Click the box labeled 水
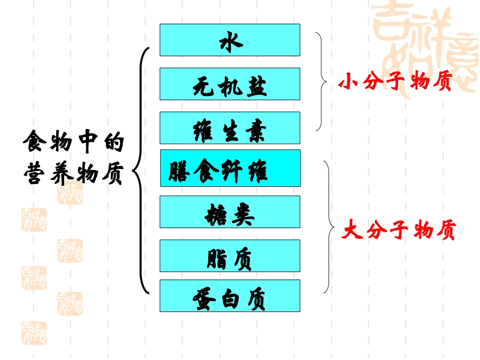coord(230,40)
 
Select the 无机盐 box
coord(230,84)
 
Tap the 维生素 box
coord(230,128)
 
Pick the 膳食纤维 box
coord(230,168)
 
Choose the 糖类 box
coord(230,212)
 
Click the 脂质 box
coord(230,256)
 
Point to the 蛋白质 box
coord(230,296)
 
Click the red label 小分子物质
coord(395,82)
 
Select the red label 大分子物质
coord(399,231)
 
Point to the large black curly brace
coord(141,171)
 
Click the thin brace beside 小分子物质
coord(321,82)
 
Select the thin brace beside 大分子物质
coord(329,227)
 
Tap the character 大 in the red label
coord(353,231)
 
